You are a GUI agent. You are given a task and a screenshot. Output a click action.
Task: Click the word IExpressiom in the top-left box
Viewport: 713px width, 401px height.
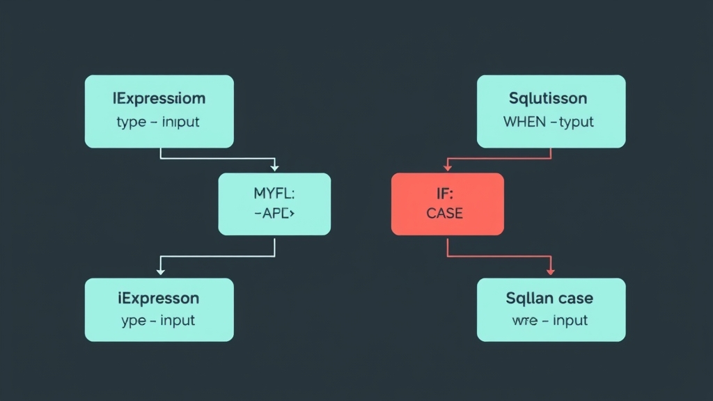[x=159, y=99]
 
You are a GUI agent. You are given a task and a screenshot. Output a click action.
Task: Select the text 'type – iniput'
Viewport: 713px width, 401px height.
[x=159, y=122]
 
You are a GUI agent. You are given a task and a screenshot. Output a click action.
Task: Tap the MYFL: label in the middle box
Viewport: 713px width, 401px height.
[x=274, y=192]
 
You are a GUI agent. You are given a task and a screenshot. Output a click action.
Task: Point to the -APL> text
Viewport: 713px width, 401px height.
[x=274, y=214]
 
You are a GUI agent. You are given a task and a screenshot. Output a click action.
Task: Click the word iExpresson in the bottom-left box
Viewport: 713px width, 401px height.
[x=159, y=299]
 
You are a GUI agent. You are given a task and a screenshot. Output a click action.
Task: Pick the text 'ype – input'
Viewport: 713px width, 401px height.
[x=159, y=321]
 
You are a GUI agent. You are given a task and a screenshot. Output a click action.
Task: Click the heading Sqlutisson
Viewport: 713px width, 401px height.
[x=548, y=99]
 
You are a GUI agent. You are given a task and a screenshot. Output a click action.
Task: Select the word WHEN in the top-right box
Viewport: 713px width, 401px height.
[x=524, y=122]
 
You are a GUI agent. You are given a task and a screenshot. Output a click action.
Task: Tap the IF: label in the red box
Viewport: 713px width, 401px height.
[x=444, y=192]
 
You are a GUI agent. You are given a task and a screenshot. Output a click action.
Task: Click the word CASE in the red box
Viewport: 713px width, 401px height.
[x=444, y=214]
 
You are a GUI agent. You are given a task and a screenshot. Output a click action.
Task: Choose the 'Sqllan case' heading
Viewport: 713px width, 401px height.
[x=549, y=299]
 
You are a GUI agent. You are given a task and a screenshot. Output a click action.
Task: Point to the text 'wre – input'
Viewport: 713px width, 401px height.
[x=550, y=321]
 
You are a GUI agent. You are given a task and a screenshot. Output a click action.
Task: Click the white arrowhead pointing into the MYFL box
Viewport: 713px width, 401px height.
[x=274, y=168]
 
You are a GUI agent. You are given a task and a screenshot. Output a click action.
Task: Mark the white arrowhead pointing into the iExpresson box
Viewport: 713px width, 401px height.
[x=161, y=270]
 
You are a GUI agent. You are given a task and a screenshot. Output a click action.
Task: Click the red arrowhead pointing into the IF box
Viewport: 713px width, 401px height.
[x=446, y=168]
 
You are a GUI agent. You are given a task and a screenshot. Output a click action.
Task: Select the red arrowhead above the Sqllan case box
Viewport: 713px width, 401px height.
[x=551, y=270]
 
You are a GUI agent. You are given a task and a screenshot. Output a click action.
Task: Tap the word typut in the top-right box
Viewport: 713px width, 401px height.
[x=577, y=122]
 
